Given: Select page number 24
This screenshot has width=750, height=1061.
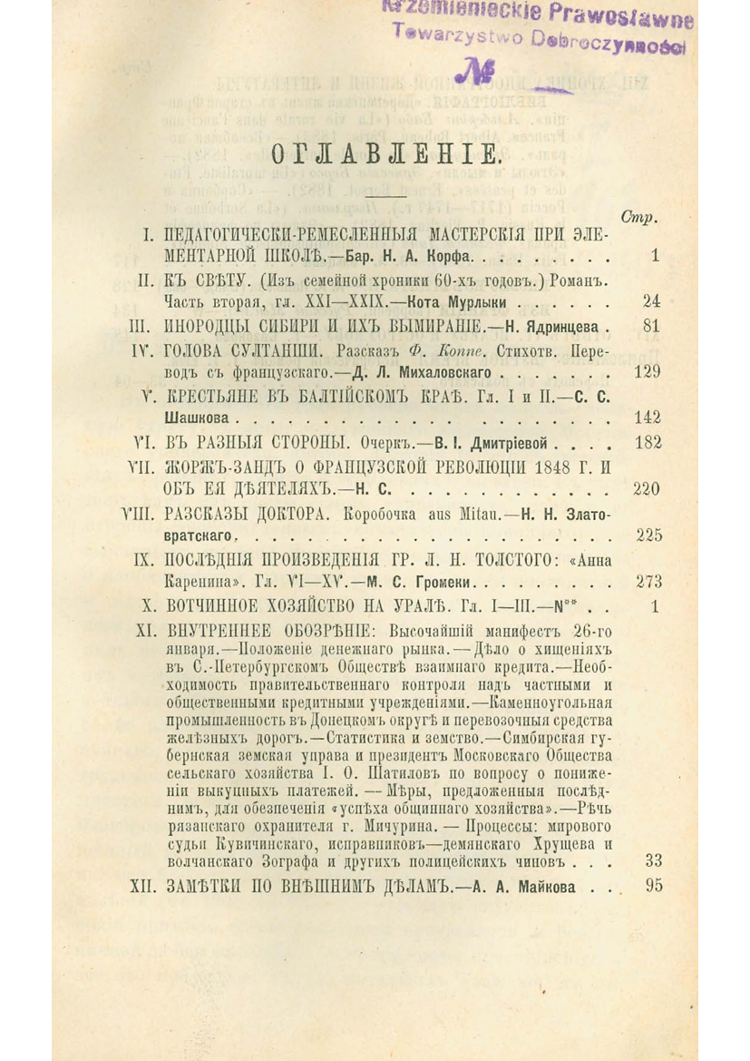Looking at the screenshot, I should coord(650,301).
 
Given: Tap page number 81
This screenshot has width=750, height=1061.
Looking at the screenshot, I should coord(650,325).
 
